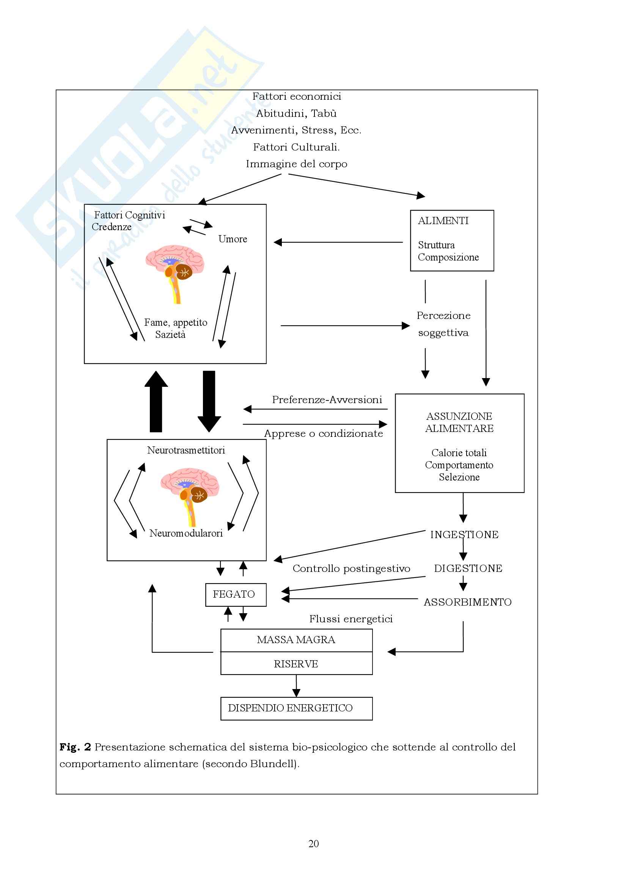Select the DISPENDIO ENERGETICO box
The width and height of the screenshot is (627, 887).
296,708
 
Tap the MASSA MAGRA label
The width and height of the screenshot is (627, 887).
296,640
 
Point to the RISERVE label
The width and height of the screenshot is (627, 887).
296,664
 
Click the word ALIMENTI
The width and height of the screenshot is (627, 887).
443,221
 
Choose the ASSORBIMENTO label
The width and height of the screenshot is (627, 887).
467,602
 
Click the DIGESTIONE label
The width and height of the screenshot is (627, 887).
468,568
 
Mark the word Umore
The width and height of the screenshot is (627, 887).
233,239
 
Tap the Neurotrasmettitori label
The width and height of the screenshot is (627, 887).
186,450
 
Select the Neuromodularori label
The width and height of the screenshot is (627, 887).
186,533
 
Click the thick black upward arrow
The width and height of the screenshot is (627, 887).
156,402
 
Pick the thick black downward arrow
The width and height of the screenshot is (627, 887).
209,402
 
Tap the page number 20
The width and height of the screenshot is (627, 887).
313,844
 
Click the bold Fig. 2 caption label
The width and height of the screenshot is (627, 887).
75,747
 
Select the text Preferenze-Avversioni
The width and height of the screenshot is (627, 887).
327,399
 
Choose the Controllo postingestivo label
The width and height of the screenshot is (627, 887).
351,568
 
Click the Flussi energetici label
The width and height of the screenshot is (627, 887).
351,619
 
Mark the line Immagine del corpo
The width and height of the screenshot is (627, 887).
296,164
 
